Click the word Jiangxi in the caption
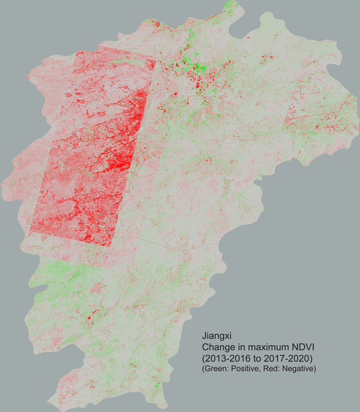[x=215, y=336]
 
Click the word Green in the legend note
[x=214, y=369]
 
